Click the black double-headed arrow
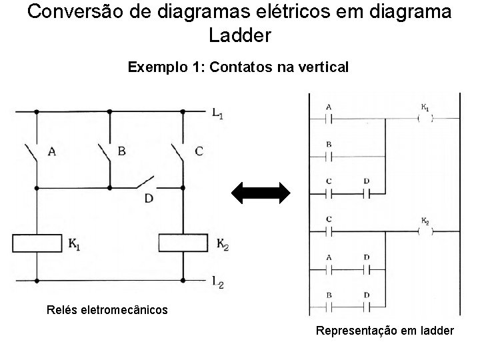click(x=261, y=193)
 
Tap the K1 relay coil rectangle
click(x=37, y=243)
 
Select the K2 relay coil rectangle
click(x=183, y=243)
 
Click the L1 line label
click(x=217, y=114)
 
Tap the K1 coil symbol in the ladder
click(x=424, y=119)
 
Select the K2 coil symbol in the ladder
click(x=424, y=232)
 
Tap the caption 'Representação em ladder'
click(x=385, y=331)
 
